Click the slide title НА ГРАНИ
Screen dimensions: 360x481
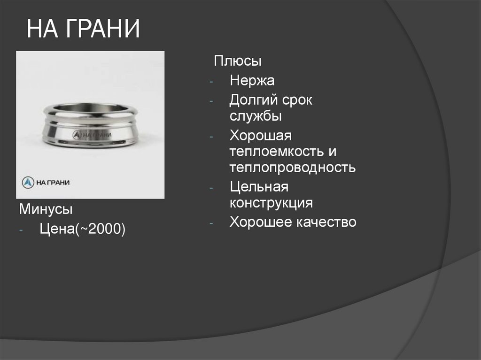84,29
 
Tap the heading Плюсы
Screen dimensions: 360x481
238,61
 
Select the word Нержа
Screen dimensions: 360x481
252,81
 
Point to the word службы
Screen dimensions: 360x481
256,116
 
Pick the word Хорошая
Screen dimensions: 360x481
261,136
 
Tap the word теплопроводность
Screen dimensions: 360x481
292,168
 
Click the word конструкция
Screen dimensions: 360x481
272,203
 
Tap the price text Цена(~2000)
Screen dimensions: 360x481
83,229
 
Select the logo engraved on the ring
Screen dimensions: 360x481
77,135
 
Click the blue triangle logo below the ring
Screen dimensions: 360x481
29,182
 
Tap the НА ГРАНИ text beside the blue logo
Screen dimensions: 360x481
53,183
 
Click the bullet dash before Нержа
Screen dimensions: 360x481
212,82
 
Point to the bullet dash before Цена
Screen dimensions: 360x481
22,230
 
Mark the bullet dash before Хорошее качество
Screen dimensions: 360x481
212,222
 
